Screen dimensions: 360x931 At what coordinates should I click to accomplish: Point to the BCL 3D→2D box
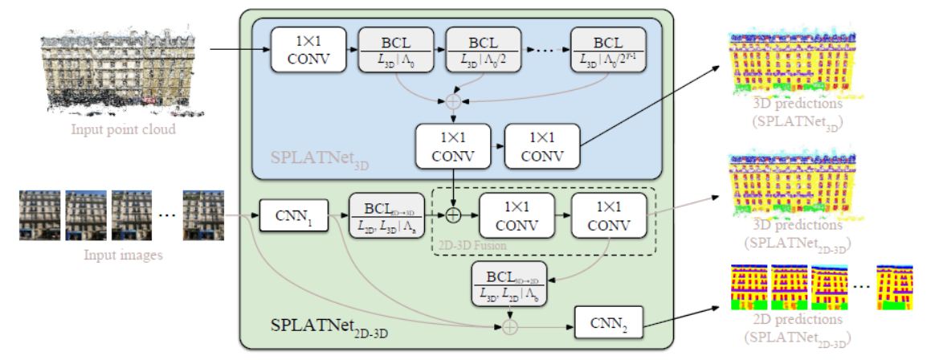[x=509, y=284]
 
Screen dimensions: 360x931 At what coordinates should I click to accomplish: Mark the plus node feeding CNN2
[x=508, y=325]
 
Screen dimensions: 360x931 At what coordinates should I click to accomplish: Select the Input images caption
[x=124, y=256]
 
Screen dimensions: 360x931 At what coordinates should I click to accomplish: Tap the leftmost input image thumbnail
[x=39, y=215]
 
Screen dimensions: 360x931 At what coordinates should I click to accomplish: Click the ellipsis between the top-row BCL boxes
[x=545, y=50]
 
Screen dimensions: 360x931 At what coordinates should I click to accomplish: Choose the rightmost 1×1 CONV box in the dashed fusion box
[x=608, y=215]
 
